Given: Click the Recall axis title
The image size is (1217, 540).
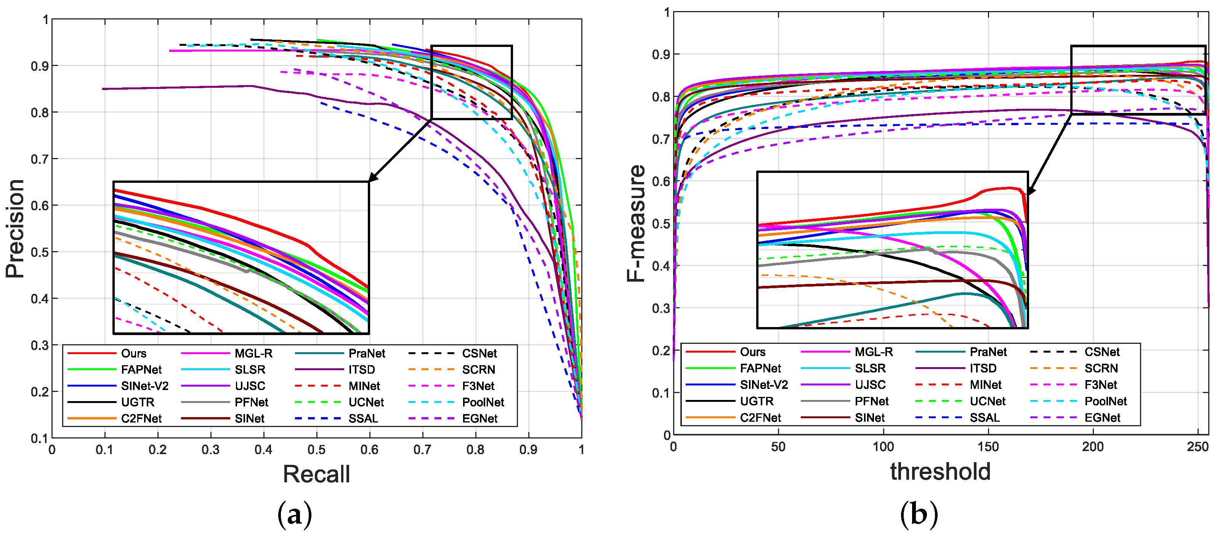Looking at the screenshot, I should pos(316,474).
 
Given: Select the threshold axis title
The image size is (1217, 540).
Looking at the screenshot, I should pos(940,472).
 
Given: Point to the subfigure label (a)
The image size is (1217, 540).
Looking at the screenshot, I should pos(295,514).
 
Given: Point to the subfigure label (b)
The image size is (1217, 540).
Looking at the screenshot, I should pos(919,514).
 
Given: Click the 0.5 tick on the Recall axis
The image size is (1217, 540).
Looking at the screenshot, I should pos(316,450).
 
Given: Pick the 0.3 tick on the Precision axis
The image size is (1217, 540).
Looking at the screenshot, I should pos(40,345).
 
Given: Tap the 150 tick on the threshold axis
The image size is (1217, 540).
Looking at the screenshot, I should pos(988,447).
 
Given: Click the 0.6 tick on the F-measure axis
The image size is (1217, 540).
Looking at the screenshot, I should pos(661,182).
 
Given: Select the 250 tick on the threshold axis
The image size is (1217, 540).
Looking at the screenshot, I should pos(1197,447).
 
